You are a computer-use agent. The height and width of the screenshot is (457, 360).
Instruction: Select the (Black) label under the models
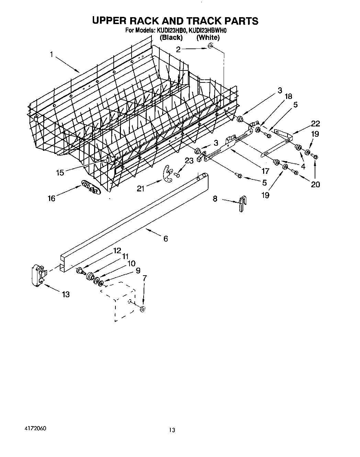(x=171, y=37)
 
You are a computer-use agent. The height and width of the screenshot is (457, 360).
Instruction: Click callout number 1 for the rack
(x=52, y=54)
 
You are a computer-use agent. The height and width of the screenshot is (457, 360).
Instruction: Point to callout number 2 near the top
(x=178, y=49)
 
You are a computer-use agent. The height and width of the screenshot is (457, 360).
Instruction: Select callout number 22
(x=315, y=124)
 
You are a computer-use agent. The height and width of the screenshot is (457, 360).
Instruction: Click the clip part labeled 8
(x=243, y=205)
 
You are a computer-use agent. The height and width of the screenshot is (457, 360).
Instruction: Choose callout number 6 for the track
(x=166, y=238)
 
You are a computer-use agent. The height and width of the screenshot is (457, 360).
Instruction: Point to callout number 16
(x=52, y=198)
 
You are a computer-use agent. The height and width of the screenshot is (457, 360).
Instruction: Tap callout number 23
(x=189, y=161)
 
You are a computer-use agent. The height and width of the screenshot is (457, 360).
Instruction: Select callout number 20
(x=315, y=185)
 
